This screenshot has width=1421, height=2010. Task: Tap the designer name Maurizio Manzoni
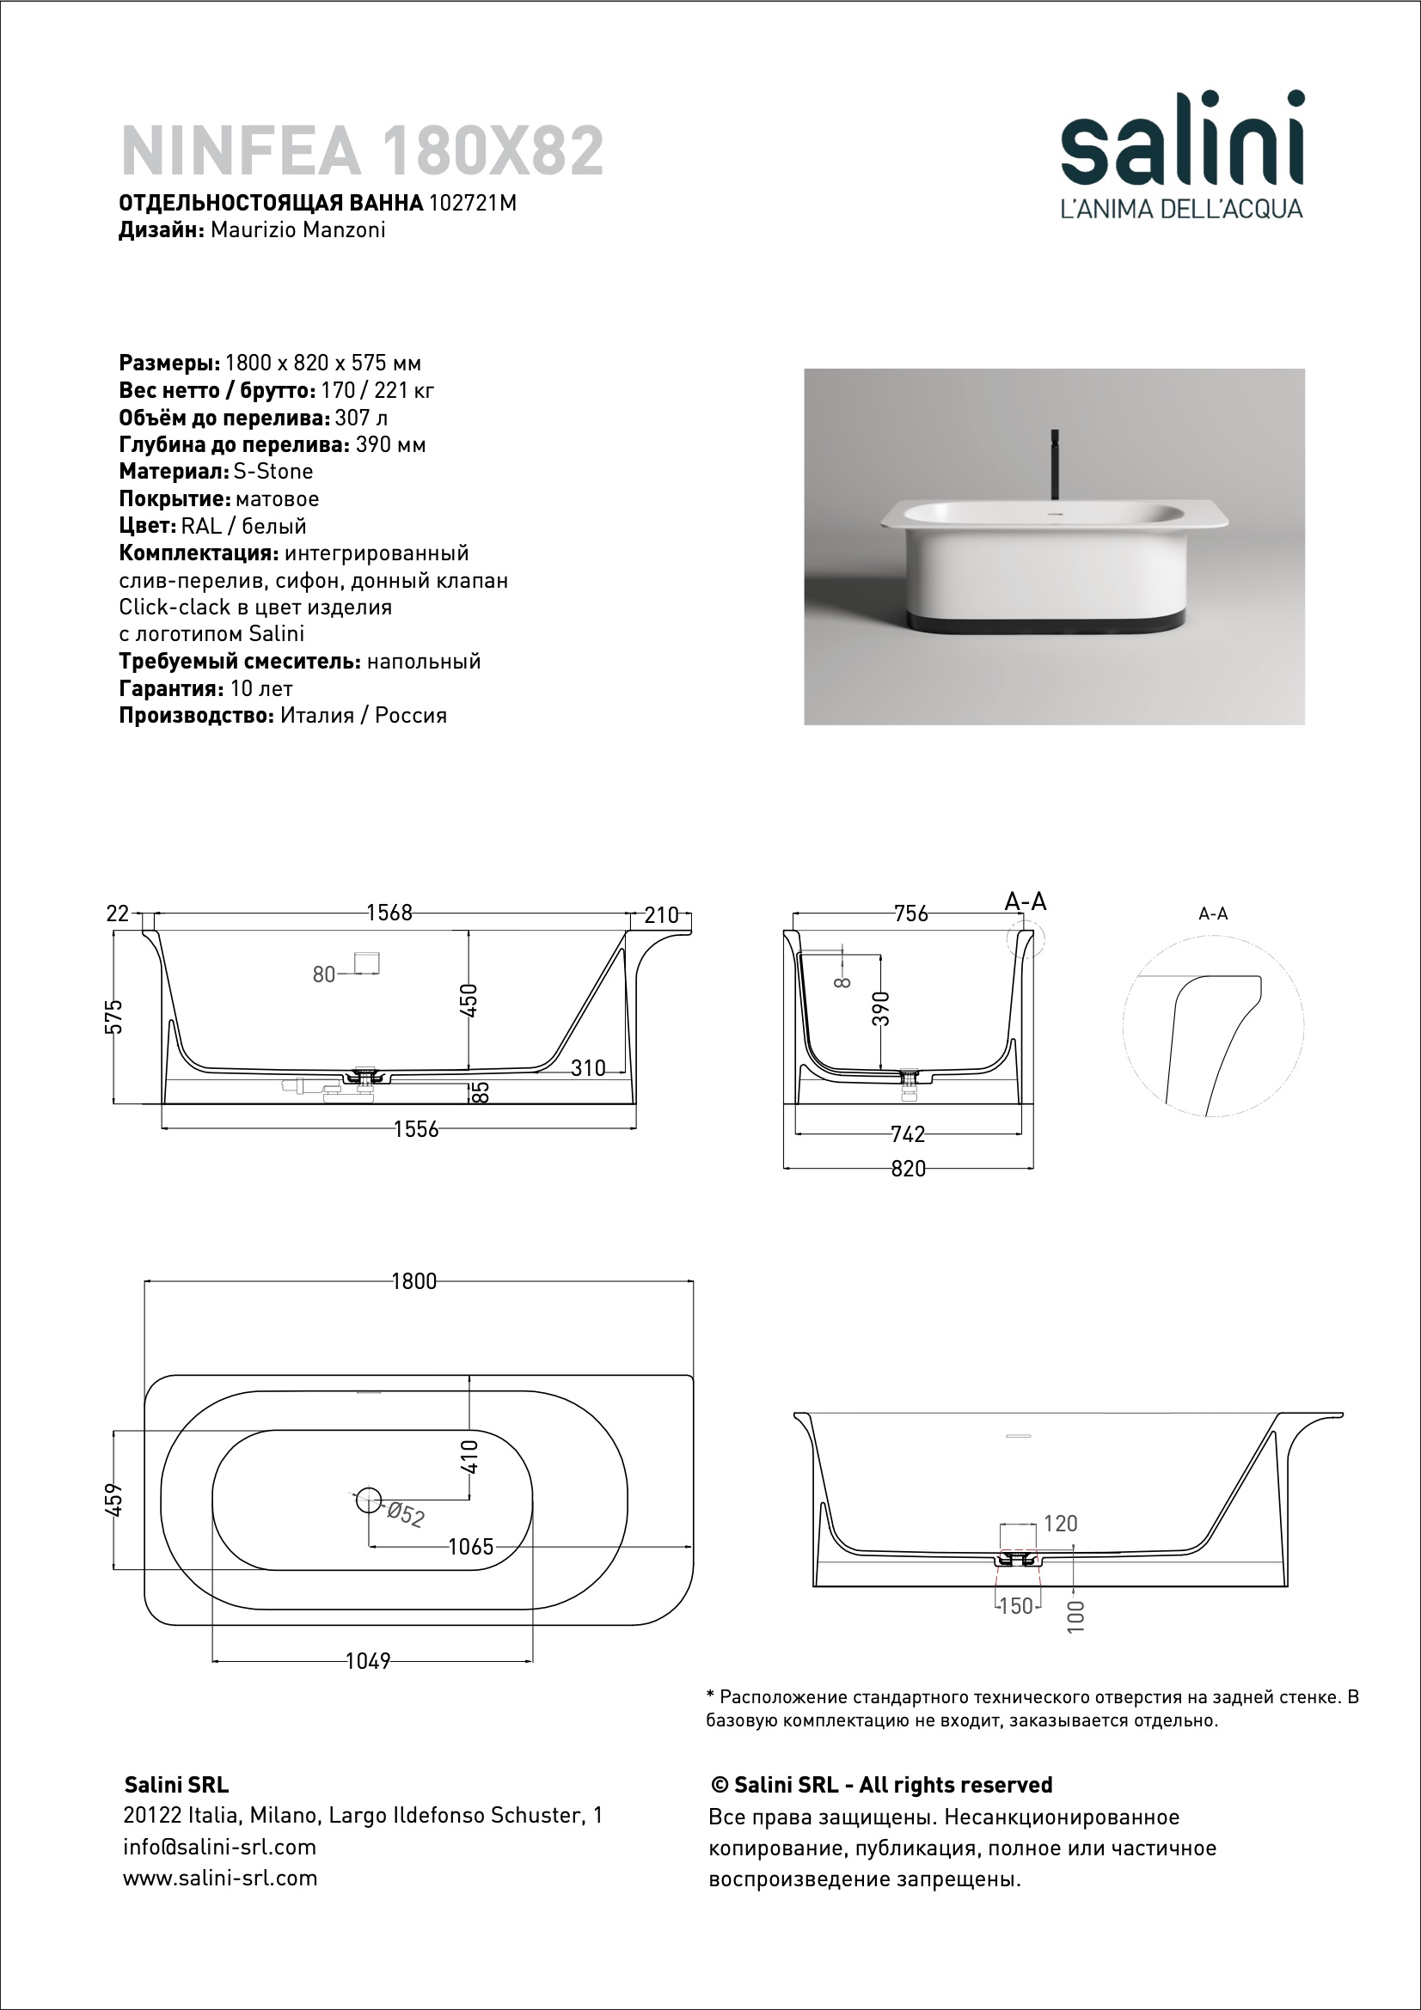[298, 230]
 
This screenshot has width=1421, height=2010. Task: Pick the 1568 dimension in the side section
[389, 913]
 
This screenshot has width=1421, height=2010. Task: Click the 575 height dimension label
[114, 1017]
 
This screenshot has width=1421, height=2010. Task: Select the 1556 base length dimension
[416, 1129]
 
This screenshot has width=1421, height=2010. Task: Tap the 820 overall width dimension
[908, 1169]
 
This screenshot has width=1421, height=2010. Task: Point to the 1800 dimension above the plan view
[413, 1280]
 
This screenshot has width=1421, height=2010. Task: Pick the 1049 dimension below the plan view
[368, 1661]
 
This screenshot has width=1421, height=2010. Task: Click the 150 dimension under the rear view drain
[1015, 1606]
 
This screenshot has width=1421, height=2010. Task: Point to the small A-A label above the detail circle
[1213, 914]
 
